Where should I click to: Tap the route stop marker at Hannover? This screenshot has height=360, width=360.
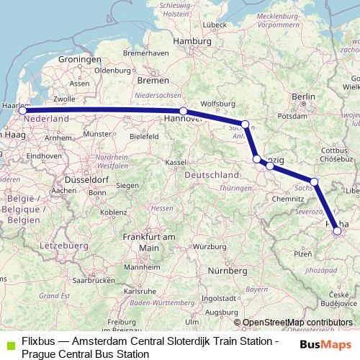click(x=184, y=111)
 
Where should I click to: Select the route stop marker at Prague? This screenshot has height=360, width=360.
click(x=337, y=231)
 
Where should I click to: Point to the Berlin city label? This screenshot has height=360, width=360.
click(x=305, y=96)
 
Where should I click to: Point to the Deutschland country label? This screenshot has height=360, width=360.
click(x=212, y=175)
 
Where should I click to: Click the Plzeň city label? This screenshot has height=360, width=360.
click(x=302, y=253)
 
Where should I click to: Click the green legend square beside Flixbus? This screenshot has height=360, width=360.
click(x=9, y=345)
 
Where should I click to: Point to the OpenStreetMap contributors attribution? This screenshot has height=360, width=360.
click(x=297, y=323)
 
